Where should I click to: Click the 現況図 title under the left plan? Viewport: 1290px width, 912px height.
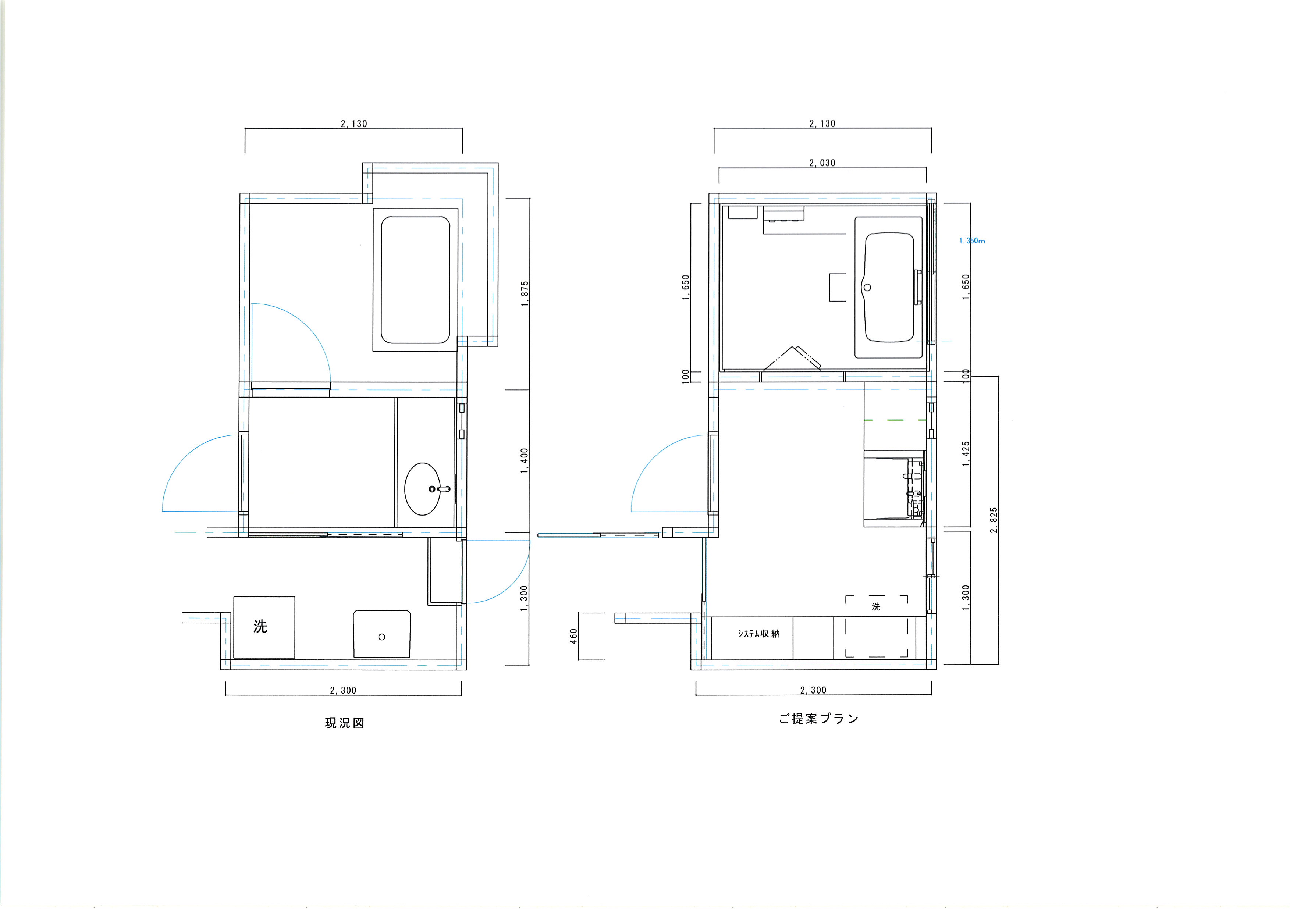coord(344,723)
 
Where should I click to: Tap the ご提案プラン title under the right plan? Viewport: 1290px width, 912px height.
coord(818,719)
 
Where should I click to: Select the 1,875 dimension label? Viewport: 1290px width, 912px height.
coord(525,294)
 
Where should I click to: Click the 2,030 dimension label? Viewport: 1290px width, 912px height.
coord(822,163)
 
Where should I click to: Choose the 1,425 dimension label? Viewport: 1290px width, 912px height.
coord(966,454)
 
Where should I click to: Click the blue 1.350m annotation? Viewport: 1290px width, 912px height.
coord(972,241)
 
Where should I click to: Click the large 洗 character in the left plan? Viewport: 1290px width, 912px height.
coord(260,626)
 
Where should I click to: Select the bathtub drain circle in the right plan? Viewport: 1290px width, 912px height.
coord(867,288)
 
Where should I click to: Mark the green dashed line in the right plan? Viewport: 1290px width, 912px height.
coord(895,420)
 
